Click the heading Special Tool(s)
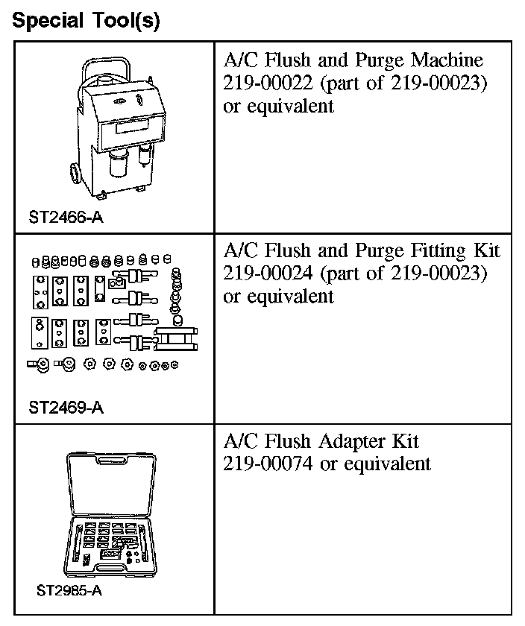pos(87,20)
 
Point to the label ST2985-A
pos(69,592)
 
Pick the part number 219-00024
pos(265,273)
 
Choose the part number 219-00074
pos(265,463)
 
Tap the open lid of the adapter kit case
pos(116,484)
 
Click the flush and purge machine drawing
pos(119,127)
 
